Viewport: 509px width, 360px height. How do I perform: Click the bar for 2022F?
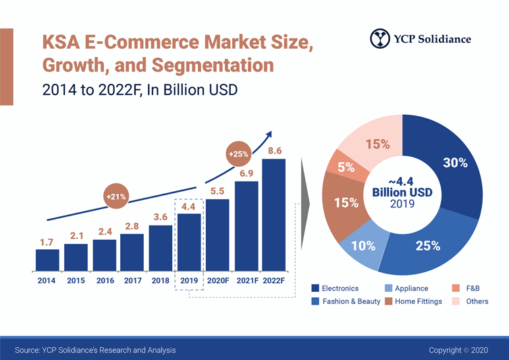274,214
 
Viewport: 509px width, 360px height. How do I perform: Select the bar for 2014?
47,259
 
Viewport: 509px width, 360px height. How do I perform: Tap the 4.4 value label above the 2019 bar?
189,207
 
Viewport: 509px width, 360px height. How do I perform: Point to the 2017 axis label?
132,280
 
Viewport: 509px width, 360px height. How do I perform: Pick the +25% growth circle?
238,155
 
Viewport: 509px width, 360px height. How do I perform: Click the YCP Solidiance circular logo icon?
379,38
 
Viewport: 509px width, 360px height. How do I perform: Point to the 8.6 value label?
275,151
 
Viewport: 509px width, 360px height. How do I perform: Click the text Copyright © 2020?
458,350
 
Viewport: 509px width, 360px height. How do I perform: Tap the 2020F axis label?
217,280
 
